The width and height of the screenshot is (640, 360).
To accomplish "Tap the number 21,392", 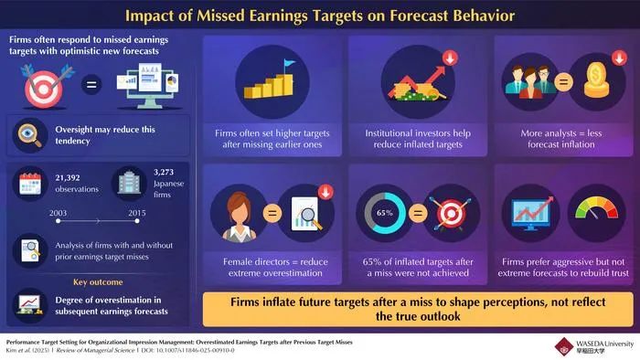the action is pos(68,178).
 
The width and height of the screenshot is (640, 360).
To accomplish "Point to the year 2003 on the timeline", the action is pos(58,213).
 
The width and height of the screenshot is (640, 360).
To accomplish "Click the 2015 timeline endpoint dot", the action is pos(137,221).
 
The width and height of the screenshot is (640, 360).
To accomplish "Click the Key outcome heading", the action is pos(98,282).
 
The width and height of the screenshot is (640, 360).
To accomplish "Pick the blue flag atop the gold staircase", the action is pos(289,63).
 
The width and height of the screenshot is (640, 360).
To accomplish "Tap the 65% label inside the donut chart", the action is pos(385,213).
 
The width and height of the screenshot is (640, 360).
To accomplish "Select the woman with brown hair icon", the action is pos(240,217).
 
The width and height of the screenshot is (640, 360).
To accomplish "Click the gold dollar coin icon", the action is pos(596,80).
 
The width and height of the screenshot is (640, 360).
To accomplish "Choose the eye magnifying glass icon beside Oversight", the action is pos(30,134).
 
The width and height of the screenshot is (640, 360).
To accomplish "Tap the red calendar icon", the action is pos(30,184).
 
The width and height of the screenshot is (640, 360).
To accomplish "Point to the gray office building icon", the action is pos(129,182).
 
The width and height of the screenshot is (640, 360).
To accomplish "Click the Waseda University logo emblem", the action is pos(564,346).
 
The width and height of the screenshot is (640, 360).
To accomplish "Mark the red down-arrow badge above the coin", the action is pos(619,58).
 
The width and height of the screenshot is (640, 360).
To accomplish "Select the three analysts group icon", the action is pos(530,81).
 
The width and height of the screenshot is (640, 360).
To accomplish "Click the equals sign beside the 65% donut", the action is pos(418,213).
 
